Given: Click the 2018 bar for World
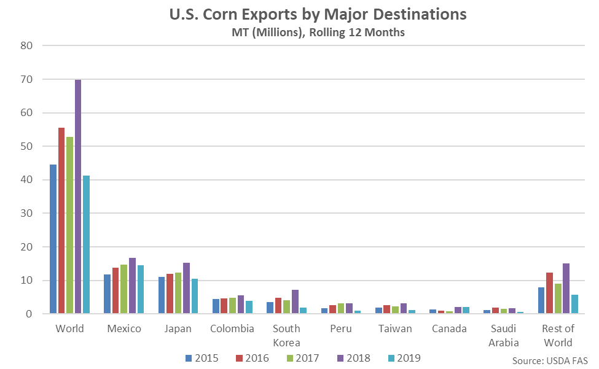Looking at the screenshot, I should tap(78, 196).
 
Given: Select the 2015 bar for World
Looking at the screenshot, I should tap(53, 239).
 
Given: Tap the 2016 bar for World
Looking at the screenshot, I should tap(61, 221).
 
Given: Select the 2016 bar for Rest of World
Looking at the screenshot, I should tap(550, 293).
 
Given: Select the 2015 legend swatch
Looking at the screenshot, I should tap(188, 357).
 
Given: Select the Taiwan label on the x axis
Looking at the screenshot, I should tap(395, 328).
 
